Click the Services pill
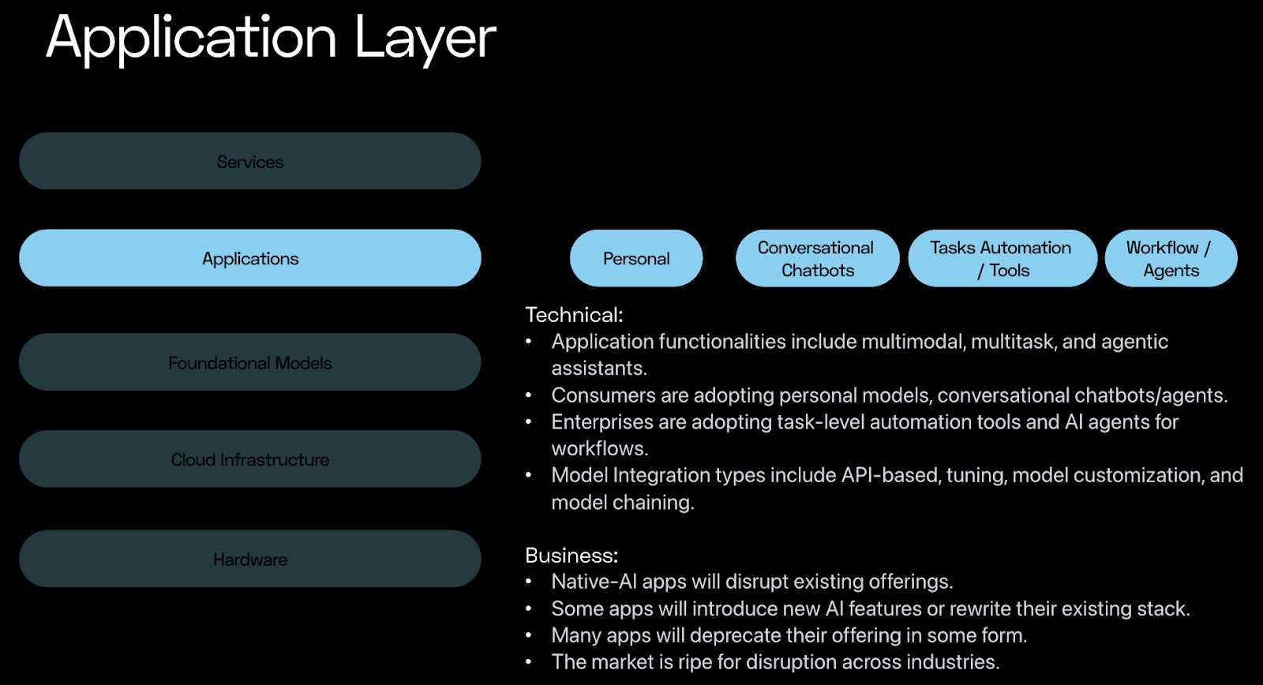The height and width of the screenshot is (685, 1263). click(249, 161)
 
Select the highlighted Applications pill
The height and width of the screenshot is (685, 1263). click(249, 258)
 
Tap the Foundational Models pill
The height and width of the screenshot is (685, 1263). click(249, 362)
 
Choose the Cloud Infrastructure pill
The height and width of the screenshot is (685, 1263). click(249, 459)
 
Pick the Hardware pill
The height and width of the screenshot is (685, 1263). click(249, 559)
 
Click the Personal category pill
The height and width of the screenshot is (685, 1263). click(636, 258)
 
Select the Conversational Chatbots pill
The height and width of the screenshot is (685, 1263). click(817, 258)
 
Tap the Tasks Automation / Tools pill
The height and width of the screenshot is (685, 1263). click(1002, 258)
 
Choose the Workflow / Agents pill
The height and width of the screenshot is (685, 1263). click(1171, 258)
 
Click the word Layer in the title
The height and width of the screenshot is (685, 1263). click(425, 38)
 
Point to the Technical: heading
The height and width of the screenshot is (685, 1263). click(574, 315)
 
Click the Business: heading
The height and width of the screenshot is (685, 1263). click(572, 556)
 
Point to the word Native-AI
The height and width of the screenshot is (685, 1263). click(594, 582)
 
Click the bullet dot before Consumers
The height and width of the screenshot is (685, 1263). click(529, 395)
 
